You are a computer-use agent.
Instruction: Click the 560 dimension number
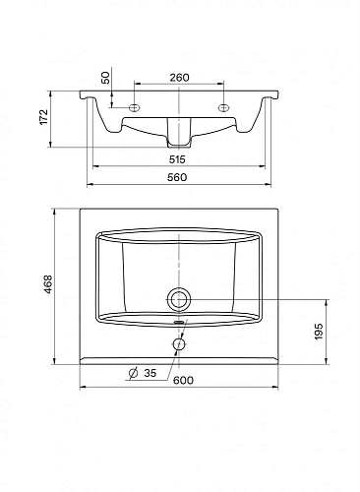coord(179,177)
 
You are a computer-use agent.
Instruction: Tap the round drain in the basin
coord(180,297)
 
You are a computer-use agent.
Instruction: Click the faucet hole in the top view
coord(179,343)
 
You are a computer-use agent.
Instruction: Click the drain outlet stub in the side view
coord(179,131)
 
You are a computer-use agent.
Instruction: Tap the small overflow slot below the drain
coord(179,320)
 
